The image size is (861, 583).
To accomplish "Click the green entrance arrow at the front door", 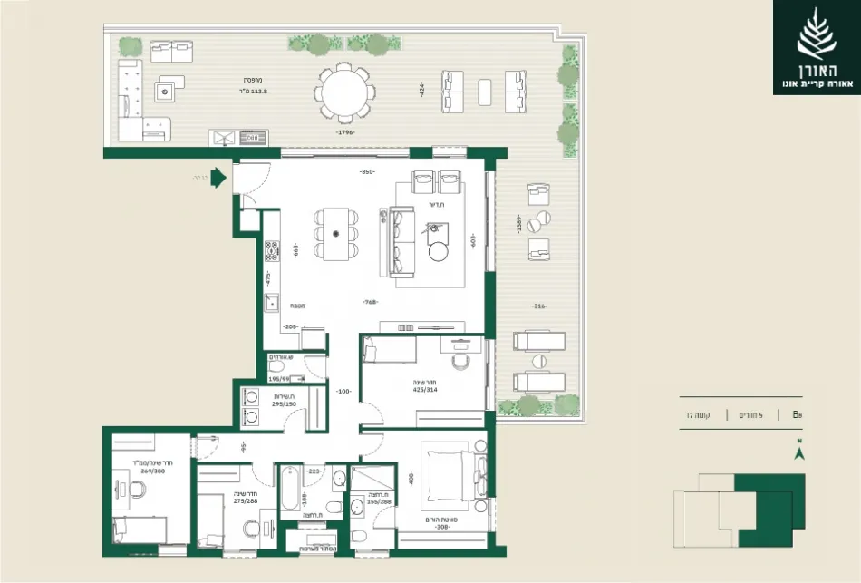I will tap(218, 178).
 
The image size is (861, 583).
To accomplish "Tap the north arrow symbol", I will tap(798, 453).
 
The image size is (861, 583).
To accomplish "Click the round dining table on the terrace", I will tap(344, 92).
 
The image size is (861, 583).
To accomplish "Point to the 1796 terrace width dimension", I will tap(344, 133).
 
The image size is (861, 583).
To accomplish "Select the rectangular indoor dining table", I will tap(336, 234).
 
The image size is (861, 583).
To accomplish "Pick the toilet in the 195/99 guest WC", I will tap(276, 371).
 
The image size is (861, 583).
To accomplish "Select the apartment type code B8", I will tap(798, 414).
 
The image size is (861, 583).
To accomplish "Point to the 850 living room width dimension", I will tap(366, 171).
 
